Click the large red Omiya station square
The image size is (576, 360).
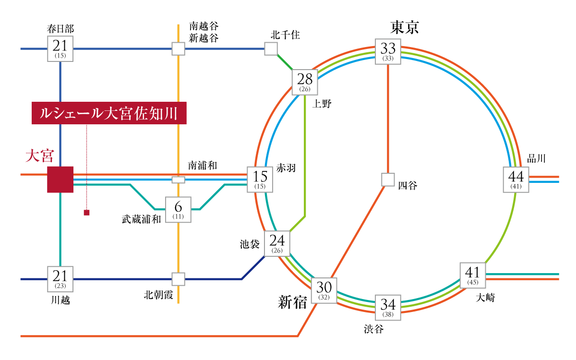60,180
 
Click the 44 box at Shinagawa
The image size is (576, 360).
516,180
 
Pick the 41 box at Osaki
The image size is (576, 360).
473,276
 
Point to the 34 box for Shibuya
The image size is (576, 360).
388,307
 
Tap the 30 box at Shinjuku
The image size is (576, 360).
324,290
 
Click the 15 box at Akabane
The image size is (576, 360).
260,180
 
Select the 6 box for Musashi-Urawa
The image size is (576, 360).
178,210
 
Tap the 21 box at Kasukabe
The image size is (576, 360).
60,48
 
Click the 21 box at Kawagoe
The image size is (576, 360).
60,279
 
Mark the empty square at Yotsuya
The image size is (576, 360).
388,179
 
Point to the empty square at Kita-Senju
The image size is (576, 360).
271,48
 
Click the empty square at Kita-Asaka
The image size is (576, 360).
178,279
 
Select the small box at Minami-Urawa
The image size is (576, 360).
178,180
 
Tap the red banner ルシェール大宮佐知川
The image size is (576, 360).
108,113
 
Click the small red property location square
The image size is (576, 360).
86,213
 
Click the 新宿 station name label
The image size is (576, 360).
292,302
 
